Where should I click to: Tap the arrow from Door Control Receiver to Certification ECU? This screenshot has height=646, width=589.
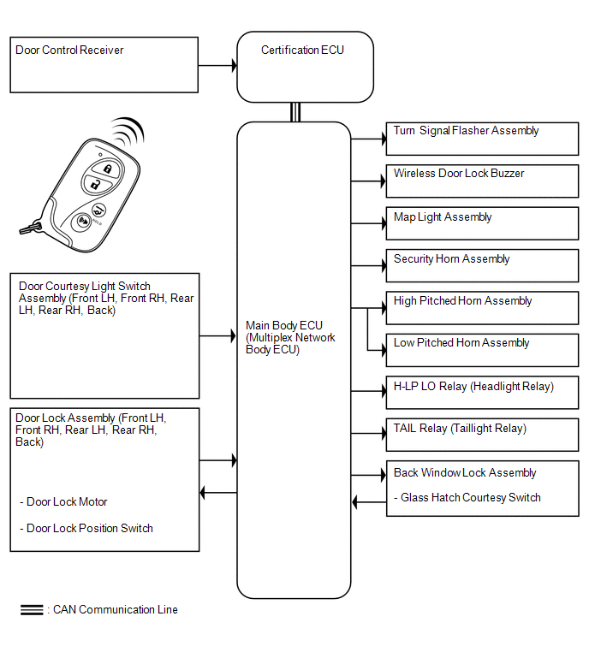pyautogui.click(x=217, y=65)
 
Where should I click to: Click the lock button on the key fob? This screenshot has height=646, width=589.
pyautogui.click(x=106, y=169)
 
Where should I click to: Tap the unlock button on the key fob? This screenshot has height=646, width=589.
pyautogui.click(x=97, y=184)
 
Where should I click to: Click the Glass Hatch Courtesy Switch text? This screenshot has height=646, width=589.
pyautogui.click(x=470, y=498)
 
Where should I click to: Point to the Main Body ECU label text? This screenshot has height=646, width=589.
pyautogui.click(x=290, y=337)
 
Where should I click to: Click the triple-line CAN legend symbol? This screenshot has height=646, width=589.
pyautogui.click(x=32, y=610)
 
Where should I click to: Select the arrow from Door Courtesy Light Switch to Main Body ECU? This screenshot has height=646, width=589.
pyautogui.click(x=218, y=336)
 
